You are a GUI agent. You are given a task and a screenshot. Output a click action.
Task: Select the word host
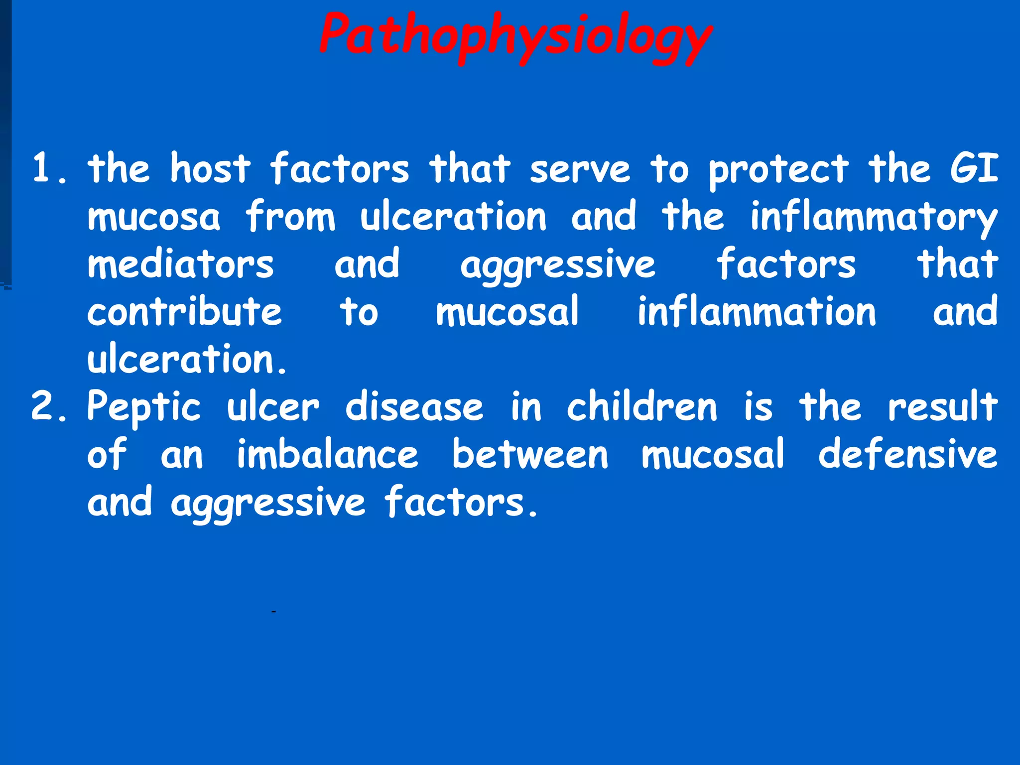(210, 168)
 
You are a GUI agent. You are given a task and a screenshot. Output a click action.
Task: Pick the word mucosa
(153, 217)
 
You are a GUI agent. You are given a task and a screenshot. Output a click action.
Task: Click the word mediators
(180, 264)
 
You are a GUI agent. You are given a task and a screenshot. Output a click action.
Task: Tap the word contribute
(184, 312)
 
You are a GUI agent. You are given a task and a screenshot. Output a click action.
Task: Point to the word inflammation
(757, 312)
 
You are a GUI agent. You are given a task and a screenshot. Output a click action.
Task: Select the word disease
(414, 406)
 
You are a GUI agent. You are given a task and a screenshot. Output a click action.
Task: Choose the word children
(642, 406)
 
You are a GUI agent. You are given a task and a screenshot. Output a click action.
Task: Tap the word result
(943, 406)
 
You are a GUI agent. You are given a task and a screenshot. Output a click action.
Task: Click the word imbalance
(327, 454)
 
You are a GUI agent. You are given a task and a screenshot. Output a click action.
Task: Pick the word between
(530, 454)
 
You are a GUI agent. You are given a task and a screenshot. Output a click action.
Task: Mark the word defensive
(907, 454)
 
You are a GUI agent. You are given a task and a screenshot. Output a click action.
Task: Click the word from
(290, 217)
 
